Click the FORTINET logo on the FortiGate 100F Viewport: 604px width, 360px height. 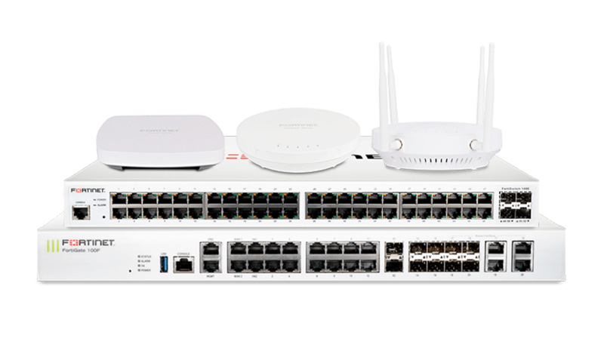click(88, 242)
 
